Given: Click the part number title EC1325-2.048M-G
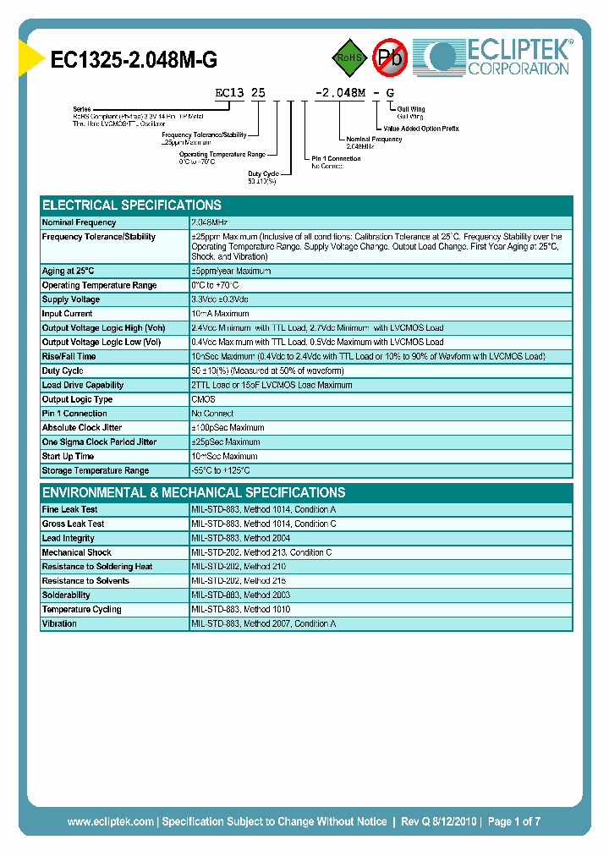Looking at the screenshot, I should pyautogui.click(x=134, y=58).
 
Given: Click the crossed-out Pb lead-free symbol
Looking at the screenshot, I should pyautogui.click(x=390, y=58).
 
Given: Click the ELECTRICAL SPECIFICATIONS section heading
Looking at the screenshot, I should pyautogui.click(x=132, y=206).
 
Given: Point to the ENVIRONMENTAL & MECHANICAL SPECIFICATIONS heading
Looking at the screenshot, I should pyautogui.click(x=194, y=492).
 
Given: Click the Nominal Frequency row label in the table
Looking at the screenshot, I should pyautogui.click(x=80, y=222).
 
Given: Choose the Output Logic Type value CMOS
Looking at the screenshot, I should pyautogui.click(x=204, y=399).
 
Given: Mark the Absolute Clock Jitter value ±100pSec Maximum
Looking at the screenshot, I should pyautogui.click(x=228, y=428).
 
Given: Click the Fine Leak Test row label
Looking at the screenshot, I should pyautogui.click(x=70, y=510).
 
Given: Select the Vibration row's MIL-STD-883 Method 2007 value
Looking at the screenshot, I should pyautogui.click(x=264, y=623).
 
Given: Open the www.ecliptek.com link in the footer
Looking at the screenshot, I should pyautogui.click(x=110, y=821).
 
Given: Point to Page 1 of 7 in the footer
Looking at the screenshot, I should pyautogui.click(x=513, y=821).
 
